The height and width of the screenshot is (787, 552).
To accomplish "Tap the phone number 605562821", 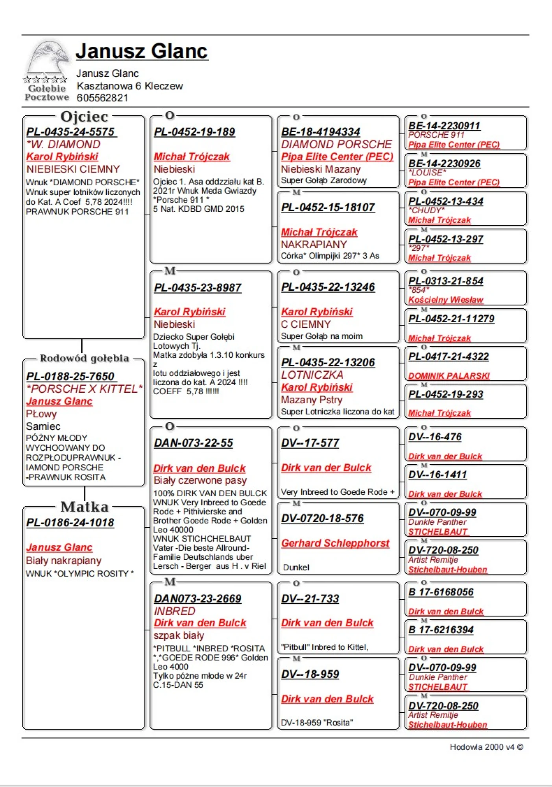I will click(x=102, y=98).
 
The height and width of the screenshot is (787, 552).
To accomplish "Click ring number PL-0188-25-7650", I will click(x=71, y=377).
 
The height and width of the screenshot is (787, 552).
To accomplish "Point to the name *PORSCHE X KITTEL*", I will click(x=84, y=389).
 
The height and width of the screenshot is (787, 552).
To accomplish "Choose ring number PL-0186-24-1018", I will click(x=70, y=523).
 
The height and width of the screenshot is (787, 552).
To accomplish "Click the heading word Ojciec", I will click(x=84, y=117).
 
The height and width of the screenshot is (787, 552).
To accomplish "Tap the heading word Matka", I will click(x=84, y=507).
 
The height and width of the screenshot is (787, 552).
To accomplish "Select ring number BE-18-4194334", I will click(x=321, y=132).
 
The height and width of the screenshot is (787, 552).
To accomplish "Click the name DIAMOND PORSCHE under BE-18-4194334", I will click(x=336, y=144).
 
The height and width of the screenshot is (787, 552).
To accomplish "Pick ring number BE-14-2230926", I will click(x=444, y=164).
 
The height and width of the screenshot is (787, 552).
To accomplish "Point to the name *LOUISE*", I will click(x=427, y=173).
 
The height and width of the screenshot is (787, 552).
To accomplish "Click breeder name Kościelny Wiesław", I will click(x=445, y=300).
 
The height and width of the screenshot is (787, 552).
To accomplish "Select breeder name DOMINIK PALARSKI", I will click(x=449, y=376).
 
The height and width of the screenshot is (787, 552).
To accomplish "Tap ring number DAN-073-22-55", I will click(x=194, y=443).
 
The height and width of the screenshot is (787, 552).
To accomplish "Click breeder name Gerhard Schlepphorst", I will click(x=335, y=543).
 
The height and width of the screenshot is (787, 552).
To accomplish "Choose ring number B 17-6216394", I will click(x=441, y=630).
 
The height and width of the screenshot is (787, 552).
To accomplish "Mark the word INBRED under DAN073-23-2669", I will click(x=175, y=611).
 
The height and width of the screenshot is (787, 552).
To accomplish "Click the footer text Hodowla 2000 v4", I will click(x=482, y=747).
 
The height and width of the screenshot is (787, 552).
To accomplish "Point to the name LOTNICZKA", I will click(x=312, y=375).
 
